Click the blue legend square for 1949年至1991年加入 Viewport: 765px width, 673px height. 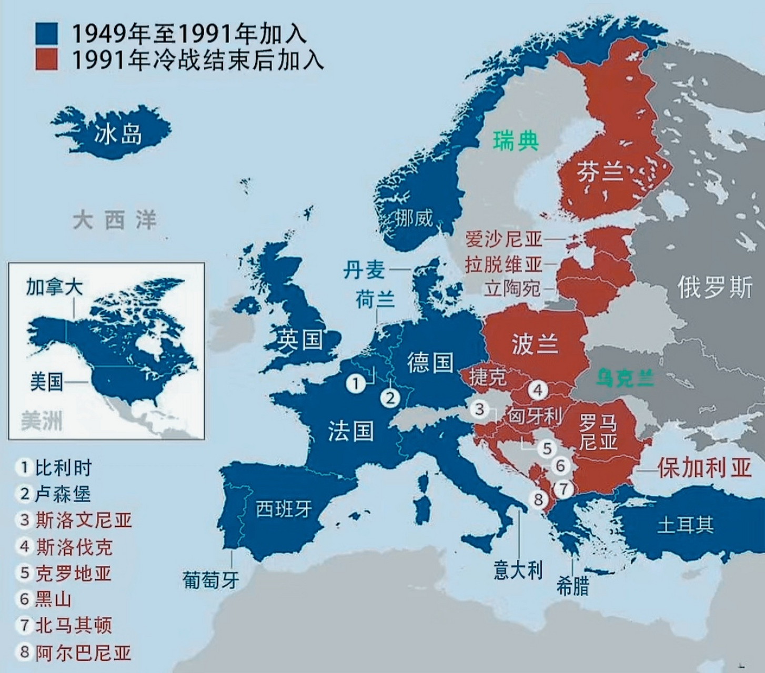pyautogui.click(x=46, y=34)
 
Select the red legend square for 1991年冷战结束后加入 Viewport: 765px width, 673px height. pyautogui.click(x=46, y=59)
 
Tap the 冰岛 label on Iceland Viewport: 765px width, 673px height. pyautogui.click(x=118, y=135)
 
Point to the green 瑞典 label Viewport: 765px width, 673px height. pyautogui.click(x=516, y=141)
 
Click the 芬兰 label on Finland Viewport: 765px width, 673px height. pyautogui.click(x=600, y=172)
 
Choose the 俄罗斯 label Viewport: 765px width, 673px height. pyautogui.click(x=714, y=288)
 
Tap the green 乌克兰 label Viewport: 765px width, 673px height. pyautogui.click(x=625, y=378)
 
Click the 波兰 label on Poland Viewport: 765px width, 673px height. pyautogui.click(x=535, y=344)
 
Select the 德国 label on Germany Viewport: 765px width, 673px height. pyautogui.click(x=430, y=362)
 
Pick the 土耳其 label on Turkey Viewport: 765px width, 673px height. pyautogui.click(x=685, y=524)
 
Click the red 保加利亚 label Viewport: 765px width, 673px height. pyautogui.click(x=704, y=467)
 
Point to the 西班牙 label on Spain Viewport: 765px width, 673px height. pyautogui.click(x=284, y=508)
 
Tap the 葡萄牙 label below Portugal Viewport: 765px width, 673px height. pyautogui.click(x=210, y=580)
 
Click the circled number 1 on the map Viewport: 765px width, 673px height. pyautogui.click(x=356, y=383)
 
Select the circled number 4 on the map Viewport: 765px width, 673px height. pyautogui.click(x=538, y=391)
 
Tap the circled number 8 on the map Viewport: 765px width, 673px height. pyautogui.click(x=538, y=498)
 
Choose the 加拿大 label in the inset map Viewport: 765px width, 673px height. pyautogui.click(x=54, y=287)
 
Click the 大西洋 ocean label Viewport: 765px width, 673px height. pyautogui.click(x=115, y=220)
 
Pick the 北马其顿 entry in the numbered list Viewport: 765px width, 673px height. pyautogui.click(x=73, y=625)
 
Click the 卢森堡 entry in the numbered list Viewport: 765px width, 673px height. pyautogui.click(x=63, y=494)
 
